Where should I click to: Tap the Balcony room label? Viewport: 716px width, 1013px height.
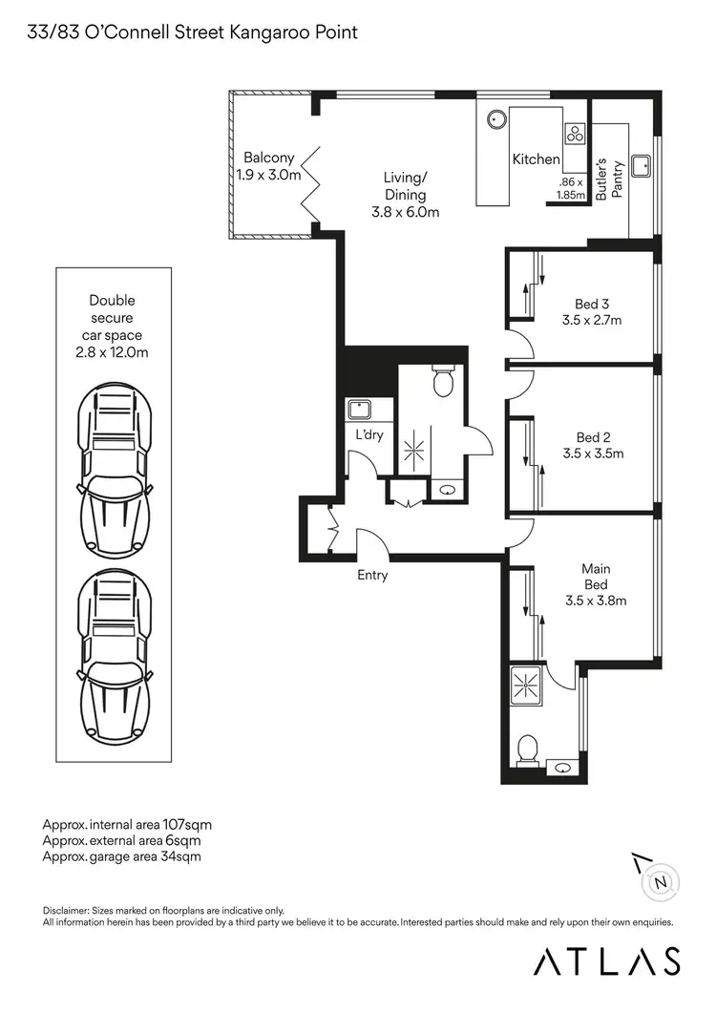coord(268,166)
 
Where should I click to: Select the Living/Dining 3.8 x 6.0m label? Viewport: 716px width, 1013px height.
coord(406,195)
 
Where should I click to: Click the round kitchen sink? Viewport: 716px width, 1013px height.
coord(495,120)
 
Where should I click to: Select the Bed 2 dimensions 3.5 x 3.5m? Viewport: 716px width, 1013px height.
coord(592,454)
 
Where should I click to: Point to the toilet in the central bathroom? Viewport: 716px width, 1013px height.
coord(443,381)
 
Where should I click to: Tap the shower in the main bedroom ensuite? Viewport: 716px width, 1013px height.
coord(526,685)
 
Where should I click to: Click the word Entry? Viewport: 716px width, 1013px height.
coord(372,576)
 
